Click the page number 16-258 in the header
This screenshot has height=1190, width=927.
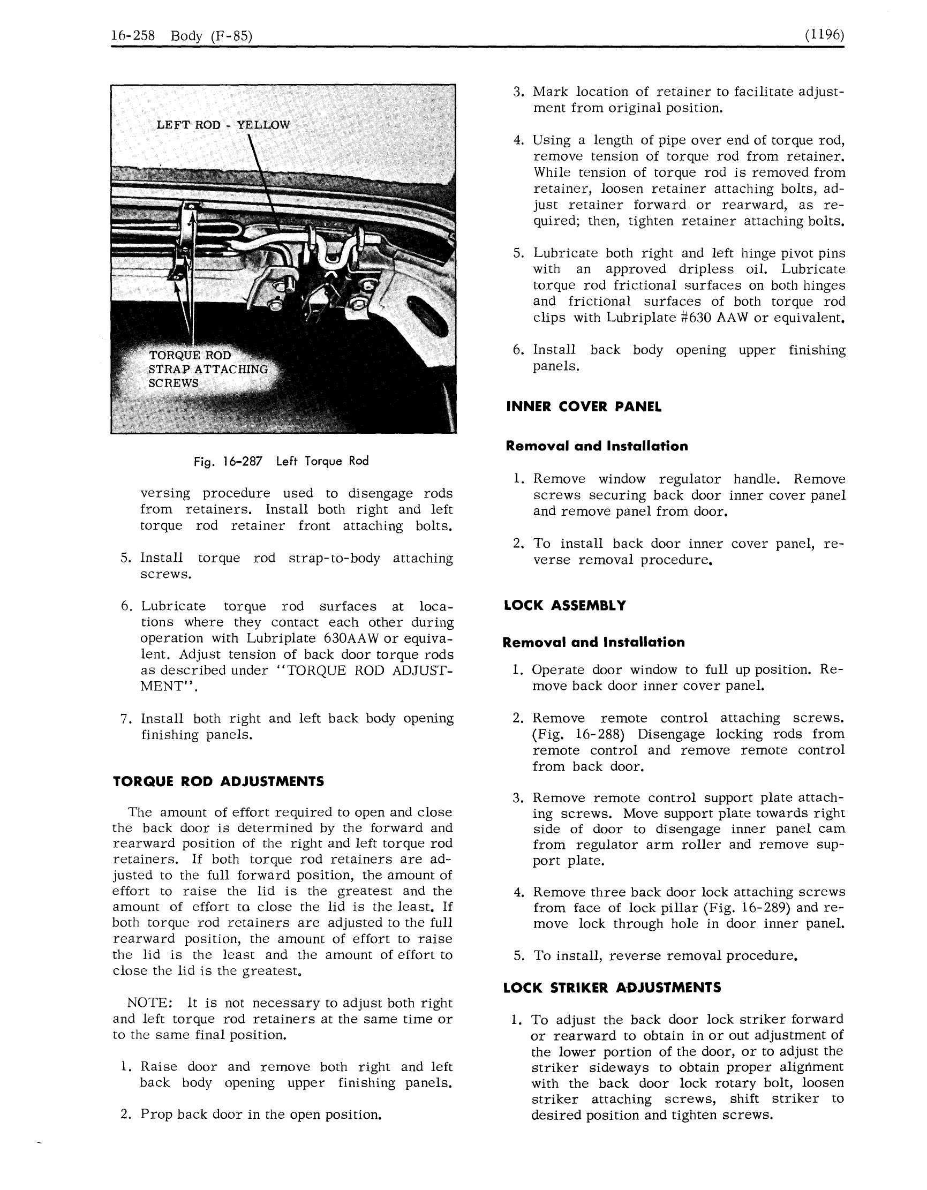click(x=133, y=36)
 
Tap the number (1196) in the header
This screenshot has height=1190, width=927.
click(x=824, y=35)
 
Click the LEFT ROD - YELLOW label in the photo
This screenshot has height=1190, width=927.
click(x=223, y=125)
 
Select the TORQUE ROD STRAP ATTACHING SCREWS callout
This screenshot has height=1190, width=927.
click(x=208, y=369)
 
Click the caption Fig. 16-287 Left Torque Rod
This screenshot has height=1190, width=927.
click(x=281, y=462)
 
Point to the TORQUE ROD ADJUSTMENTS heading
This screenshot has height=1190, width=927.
click(x=218, y=782)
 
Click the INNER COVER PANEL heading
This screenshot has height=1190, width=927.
click(x=584, y=407)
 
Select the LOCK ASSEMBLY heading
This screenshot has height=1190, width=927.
click(x=564, y=606)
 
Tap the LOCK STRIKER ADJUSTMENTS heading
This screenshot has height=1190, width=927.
click(x=612, y=988)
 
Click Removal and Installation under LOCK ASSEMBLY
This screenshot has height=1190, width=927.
click(x=593, y=643)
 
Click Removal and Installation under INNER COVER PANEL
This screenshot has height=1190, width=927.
click(x=597, y=446)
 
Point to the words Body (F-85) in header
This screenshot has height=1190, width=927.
click(x=212, y=36)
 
